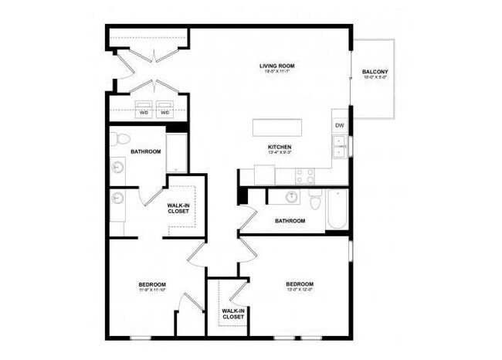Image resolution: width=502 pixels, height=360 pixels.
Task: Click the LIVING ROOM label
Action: click(x=277, y=66)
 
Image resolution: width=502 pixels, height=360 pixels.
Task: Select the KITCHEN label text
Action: click(x=279, y=147)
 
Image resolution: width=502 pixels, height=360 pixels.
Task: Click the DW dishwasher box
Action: click(x=338, y=124)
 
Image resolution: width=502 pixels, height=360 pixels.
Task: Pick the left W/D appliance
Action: click(x=144, y=109)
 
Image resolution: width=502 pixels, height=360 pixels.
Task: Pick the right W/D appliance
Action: click(x=165, y=109)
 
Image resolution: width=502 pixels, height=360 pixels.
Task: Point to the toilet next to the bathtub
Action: click(x=314, y=201)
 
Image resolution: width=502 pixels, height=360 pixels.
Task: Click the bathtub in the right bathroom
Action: click(x=337, y=209)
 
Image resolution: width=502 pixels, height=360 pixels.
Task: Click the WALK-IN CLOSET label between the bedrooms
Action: click(x=233, y=314)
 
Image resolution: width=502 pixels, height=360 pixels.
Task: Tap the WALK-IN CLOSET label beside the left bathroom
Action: click(x=178, y=208)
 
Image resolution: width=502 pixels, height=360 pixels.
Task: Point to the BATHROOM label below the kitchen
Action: click(x=290, y=221)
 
